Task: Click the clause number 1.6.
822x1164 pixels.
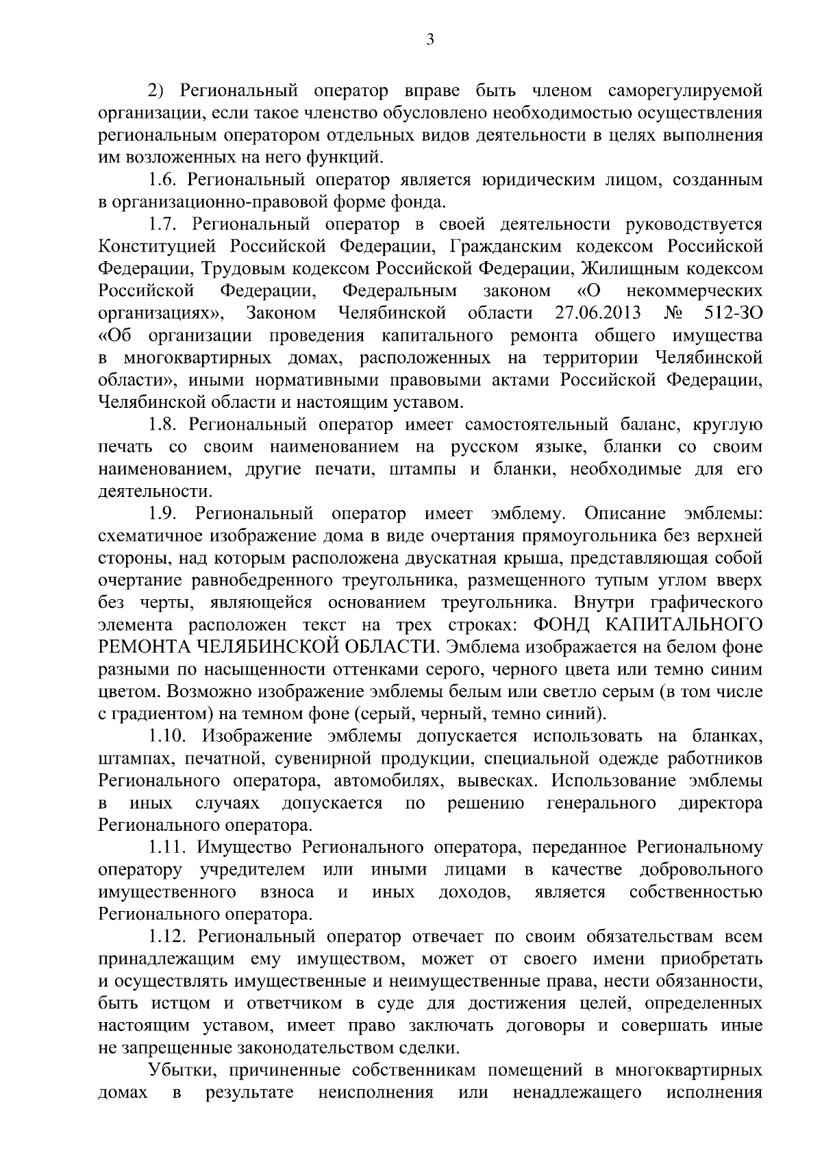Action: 164,180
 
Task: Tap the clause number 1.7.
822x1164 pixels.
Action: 164,225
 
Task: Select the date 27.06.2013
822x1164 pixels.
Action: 596,314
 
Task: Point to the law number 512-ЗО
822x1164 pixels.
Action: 733,314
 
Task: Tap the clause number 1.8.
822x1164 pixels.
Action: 164,425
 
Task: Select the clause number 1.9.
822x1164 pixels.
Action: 164,514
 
